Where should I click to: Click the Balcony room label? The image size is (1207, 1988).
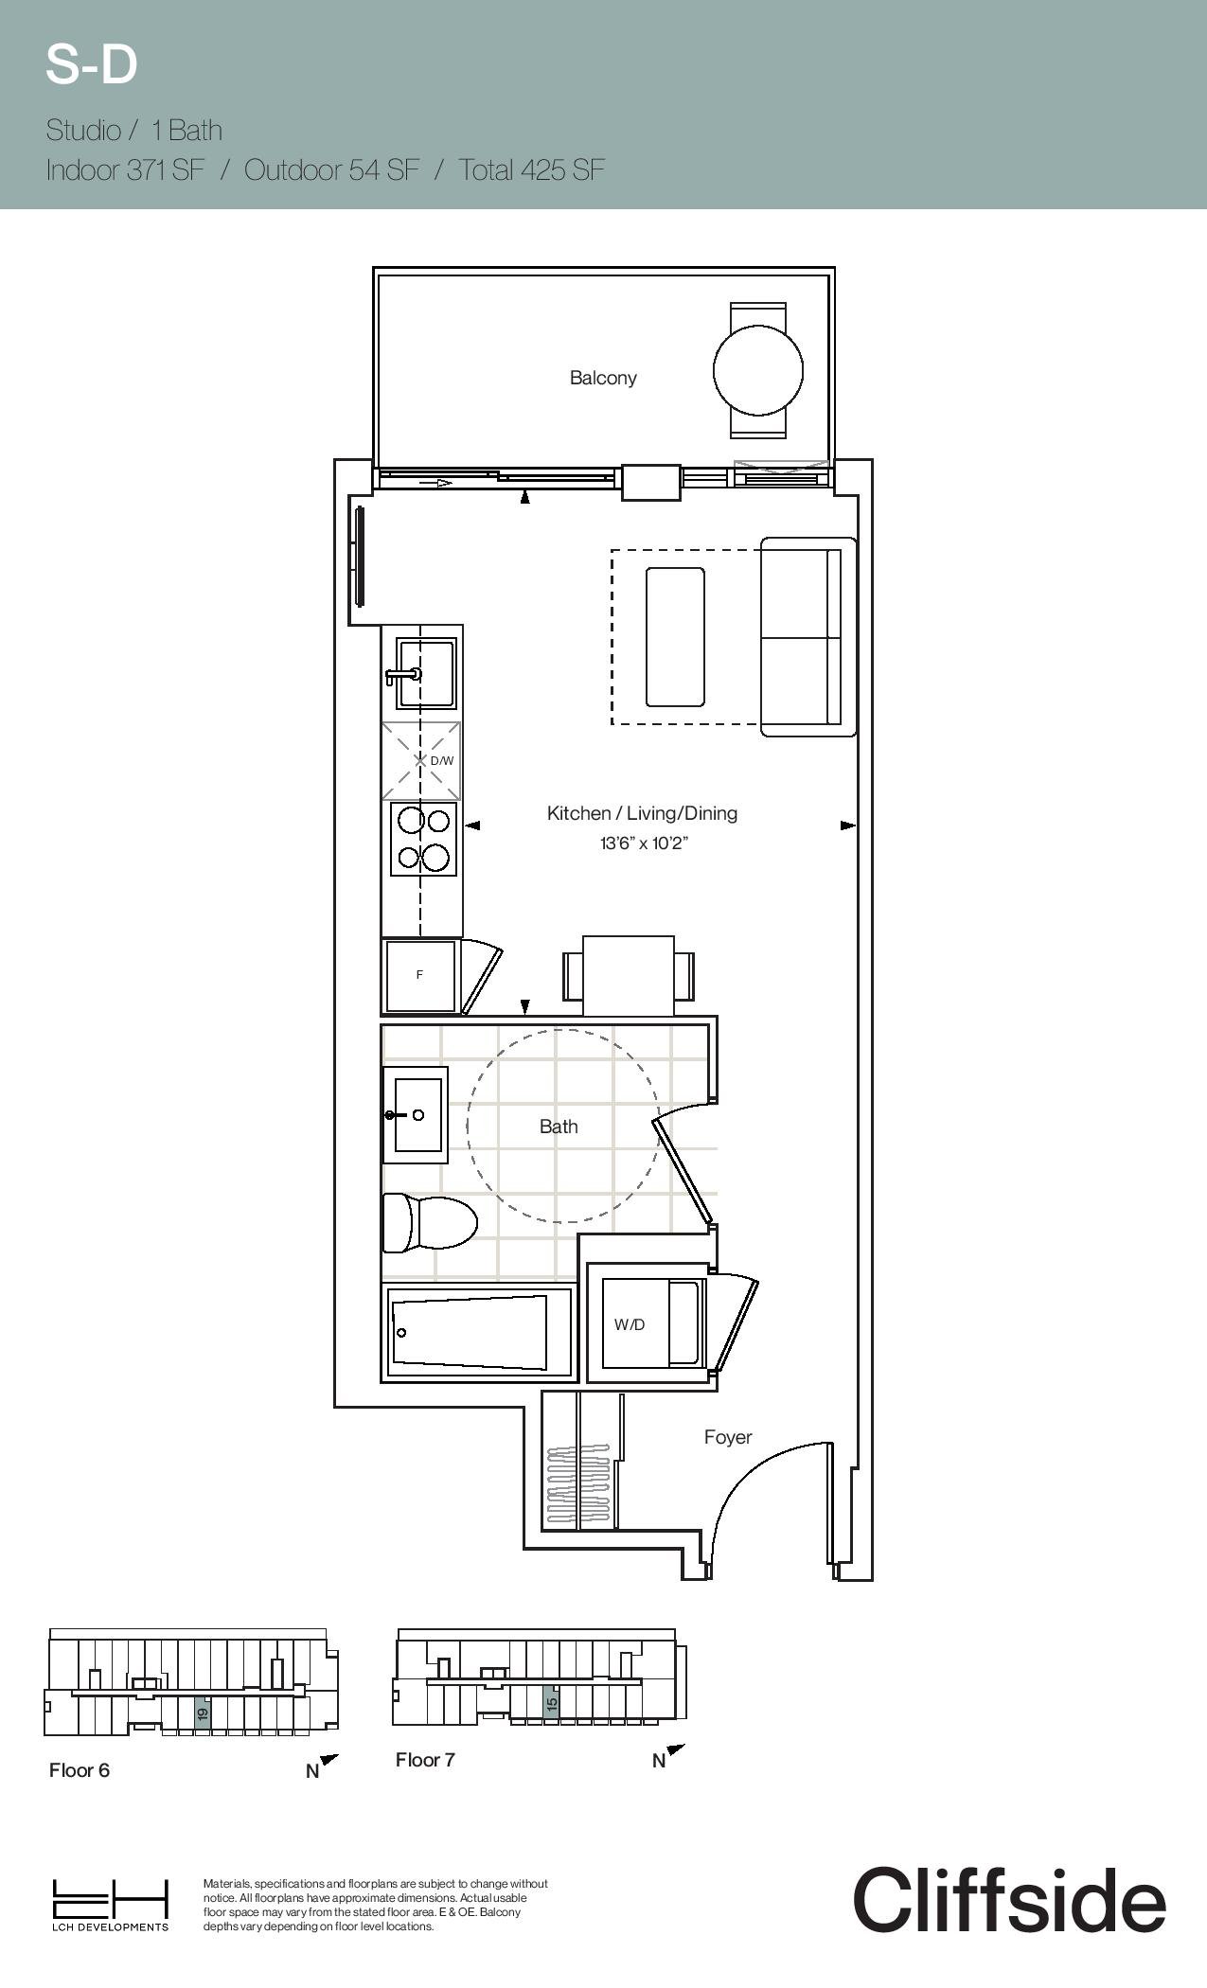(603, 378)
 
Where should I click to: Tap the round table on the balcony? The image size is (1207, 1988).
(758, 370)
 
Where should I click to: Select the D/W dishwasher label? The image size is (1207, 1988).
(442, 760)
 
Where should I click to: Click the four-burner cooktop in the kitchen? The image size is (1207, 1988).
(424, 839)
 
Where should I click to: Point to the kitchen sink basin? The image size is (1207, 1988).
(427, 674)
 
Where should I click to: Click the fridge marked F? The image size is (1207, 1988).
(419, 975)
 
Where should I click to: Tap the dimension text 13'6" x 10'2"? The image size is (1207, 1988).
(644, 843)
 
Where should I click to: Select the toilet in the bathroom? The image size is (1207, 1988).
(429, 1222)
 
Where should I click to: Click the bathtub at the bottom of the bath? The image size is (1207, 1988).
(478, 1332)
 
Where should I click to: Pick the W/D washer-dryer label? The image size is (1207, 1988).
(630, 1324)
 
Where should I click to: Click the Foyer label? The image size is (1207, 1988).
(728, 1437)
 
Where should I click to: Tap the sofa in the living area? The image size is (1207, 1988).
(808, 637)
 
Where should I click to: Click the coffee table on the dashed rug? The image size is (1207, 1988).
(675, 637)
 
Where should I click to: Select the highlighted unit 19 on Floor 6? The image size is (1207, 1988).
(202, 1713)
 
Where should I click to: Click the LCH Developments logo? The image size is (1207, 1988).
(110, 1904)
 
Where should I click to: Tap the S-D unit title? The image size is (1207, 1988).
(92, 65)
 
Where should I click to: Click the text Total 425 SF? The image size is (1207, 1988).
(532, 169)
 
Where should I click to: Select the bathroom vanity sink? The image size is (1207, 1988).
(416, 1115)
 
